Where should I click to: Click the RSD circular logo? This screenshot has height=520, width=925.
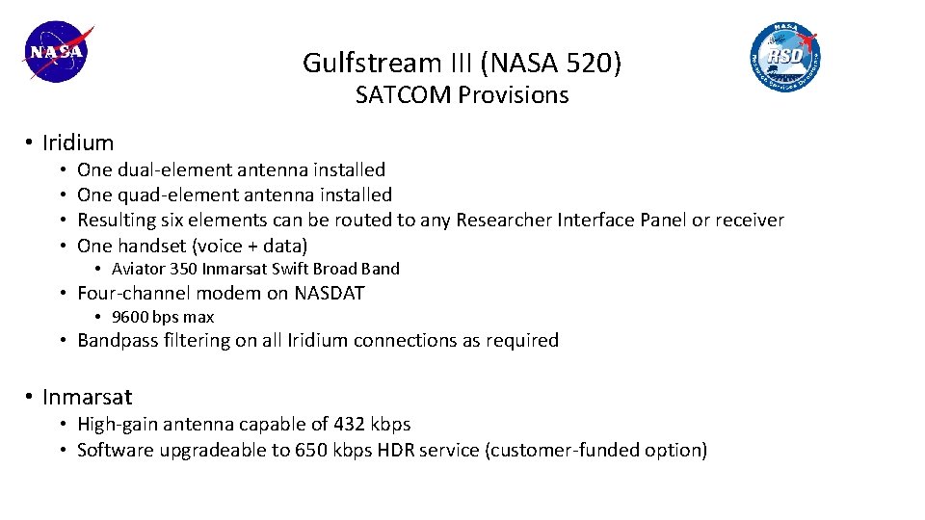coord(785,56)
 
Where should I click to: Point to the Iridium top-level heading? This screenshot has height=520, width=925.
coord(78,143)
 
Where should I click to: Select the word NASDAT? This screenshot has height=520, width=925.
coord(330,293)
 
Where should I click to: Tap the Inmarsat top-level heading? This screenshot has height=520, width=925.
coord(87,397)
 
